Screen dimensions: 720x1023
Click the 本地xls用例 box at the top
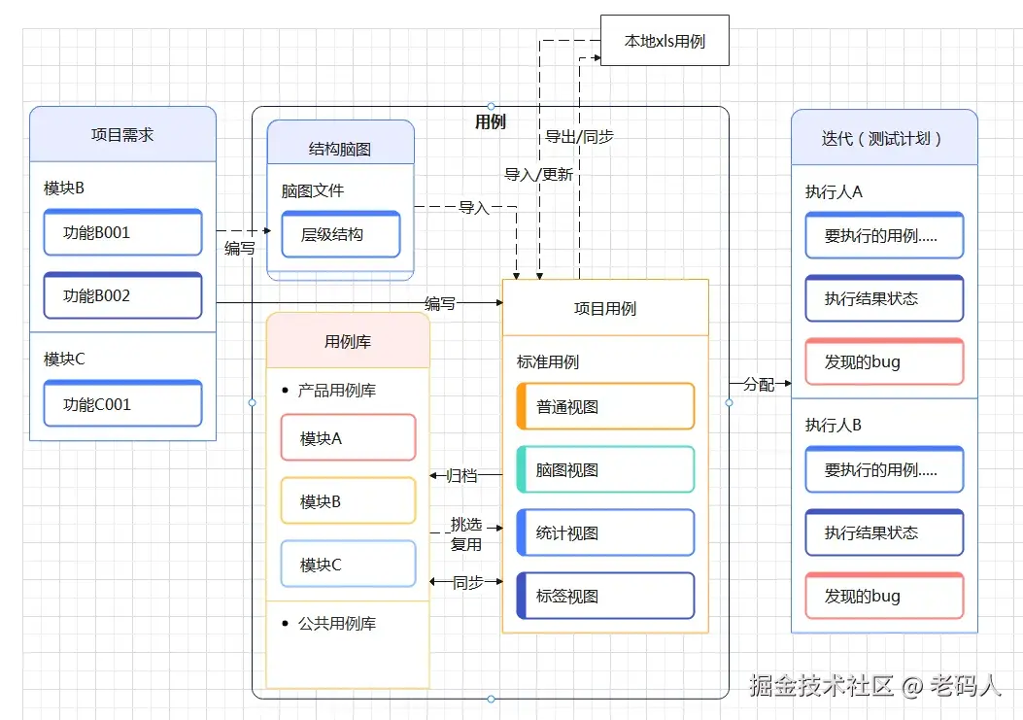point(665,42)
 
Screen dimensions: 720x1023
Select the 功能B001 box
point(122,233)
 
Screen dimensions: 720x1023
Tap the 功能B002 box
point(122,296)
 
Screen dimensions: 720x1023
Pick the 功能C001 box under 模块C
point(122,404)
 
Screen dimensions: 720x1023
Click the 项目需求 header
point(122,135)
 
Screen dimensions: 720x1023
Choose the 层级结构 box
point(340,235)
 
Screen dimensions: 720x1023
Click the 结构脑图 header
point(340,150)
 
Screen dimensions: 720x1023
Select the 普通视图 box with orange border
point(604,407)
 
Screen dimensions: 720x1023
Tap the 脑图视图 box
point(604,470)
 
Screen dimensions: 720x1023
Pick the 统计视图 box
point(604,533)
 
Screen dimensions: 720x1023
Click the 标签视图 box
point(604,597)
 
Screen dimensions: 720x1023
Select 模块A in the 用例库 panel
point(348,438)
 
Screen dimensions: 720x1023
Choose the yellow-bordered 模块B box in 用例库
point(348,502)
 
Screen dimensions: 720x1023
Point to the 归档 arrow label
point(461,476)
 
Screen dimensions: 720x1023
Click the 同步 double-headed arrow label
point(467,582)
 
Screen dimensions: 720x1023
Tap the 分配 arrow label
point(759,384)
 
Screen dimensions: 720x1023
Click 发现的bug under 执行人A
point(884,362)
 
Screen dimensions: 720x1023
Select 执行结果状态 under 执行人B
point(884,533)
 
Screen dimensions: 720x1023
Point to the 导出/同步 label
point(579,137)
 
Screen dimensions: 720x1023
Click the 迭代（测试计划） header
point(883,138)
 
